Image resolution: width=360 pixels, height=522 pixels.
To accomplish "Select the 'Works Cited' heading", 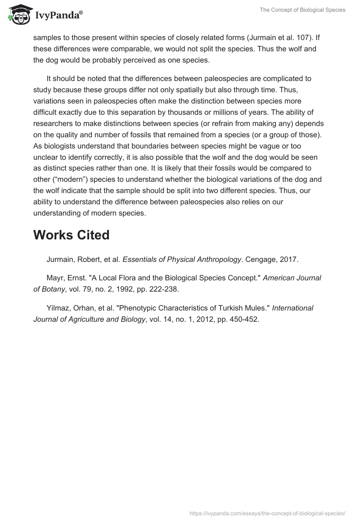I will tap(71, 235).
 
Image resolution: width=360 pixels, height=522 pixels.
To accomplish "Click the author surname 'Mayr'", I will tap(55, 278).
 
